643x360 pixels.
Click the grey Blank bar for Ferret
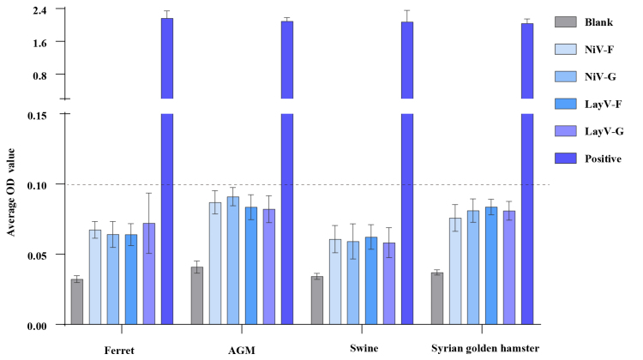77,302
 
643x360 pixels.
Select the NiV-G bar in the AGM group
233,261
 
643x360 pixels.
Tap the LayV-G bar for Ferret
149,274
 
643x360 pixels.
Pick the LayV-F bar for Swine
371,281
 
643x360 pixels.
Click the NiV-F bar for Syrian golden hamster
455,272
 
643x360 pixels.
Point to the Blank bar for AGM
197,296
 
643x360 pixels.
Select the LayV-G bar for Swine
389,284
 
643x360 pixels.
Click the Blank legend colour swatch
566,21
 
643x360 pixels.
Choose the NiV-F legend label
599,50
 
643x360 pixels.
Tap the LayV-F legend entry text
604,105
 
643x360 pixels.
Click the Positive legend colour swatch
566,159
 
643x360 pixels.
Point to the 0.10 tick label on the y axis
37,185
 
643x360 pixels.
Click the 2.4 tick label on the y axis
39,9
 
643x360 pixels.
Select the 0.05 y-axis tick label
37,255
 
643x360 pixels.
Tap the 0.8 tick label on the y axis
39,75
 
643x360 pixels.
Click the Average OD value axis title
10,192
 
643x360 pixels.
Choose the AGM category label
242,351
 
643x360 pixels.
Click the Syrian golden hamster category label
485,349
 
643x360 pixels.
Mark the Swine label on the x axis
364,349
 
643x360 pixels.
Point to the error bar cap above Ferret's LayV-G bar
149,193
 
